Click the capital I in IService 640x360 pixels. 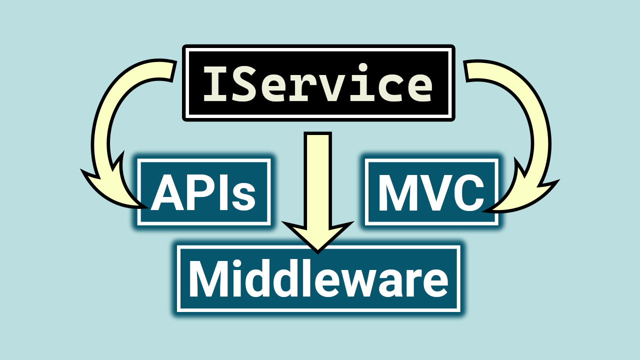tap(214, 84)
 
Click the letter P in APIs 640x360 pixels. tap(199, 193)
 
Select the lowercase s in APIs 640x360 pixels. tap(243, 196)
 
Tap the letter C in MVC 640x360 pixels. tap(468, 193)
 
